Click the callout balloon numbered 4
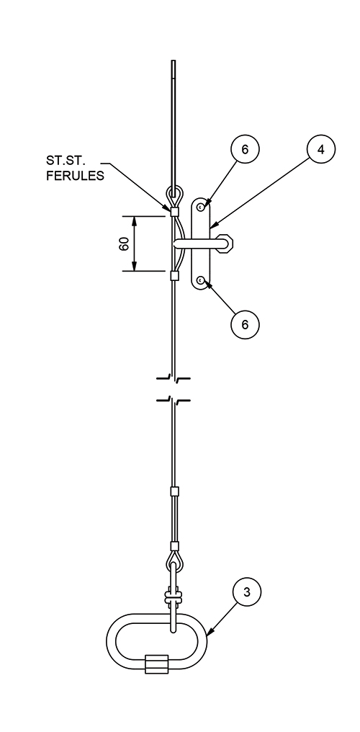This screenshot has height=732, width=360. (x=320, y=151)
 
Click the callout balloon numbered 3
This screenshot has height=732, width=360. (x=247, y=594)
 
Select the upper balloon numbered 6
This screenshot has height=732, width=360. (x=245, y=151)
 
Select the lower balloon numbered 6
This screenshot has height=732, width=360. (x=245, y=324)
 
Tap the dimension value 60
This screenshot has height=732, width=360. (x=124, y=244)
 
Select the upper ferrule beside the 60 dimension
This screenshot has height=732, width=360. (x=174, y=211)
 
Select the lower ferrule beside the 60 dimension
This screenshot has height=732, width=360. (x=174, y=274)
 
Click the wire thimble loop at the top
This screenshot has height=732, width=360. (x=174, y=195)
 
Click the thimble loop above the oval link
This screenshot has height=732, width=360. (x=174, y=561)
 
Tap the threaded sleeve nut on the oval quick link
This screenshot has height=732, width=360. (x=156, y=663)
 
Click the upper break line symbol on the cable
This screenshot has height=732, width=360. (x=174, y=378)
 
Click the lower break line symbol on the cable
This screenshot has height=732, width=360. (x=174, y=399)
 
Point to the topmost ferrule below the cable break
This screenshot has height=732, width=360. (x=174, y=491)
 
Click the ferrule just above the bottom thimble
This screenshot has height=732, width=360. (x=174, y=545)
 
